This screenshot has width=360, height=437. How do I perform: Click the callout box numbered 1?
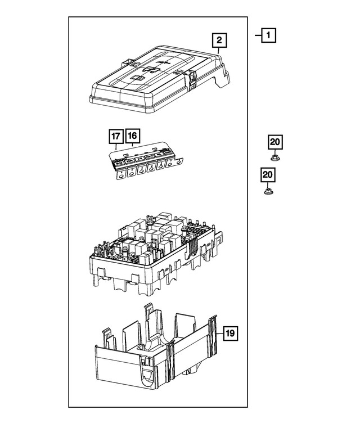(269, 37)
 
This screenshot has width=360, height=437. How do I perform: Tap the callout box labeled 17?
(116, 136)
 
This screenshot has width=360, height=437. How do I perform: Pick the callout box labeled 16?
(132, 136)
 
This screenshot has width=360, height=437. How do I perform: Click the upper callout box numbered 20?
(275, 143)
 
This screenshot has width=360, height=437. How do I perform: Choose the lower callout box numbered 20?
(268, 176)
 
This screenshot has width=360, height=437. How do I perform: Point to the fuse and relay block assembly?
(152, 247)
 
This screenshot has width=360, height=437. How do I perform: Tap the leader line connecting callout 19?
(219, 334)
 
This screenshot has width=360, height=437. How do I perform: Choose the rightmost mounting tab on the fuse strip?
(179, 163)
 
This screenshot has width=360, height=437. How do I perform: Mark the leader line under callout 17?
(116, 147)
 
